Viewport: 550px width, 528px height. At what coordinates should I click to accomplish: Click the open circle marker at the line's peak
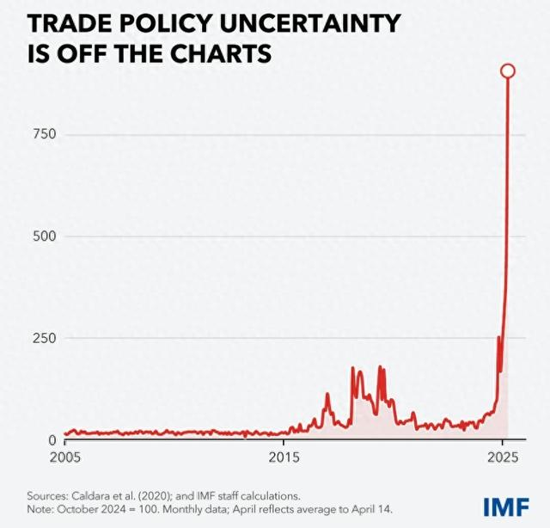tap(508, 71)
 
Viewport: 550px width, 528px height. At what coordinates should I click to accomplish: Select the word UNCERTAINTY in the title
tap(317, 24)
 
